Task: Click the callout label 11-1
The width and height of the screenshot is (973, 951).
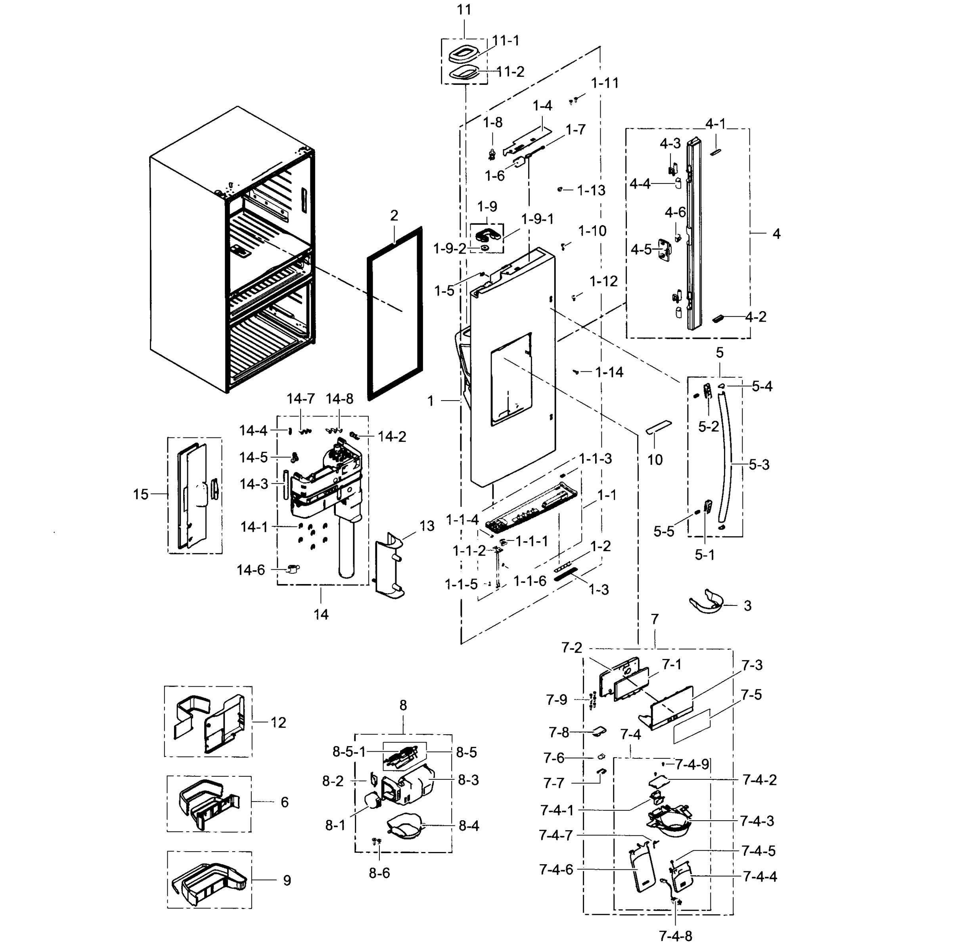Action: coord(506,41)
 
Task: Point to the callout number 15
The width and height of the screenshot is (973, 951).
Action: coord(141,494)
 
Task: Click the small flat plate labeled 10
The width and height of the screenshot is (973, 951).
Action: coord(659,427)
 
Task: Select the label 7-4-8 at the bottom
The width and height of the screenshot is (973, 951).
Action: coord(675,936)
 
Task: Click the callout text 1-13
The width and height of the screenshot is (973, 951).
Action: coord(591,190)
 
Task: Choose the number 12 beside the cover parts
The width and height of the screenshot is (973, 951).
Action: coord(278,722)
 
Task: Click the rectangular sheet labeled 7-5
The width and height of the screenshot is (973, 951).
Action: coord(691,725)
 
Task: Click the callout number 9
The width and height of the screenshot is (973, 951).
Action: coord(287,880)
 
